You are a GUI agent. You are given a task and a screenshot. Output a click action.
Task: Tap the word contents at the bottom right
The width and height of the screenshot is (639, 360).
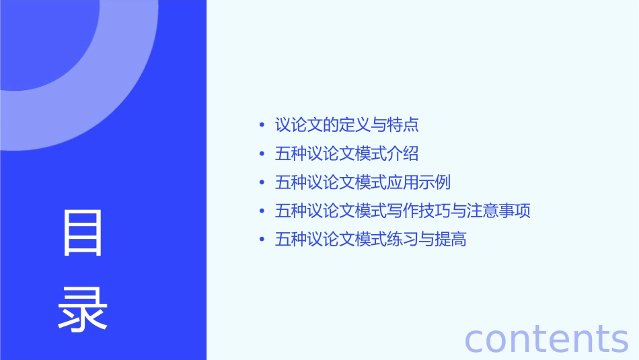tap(547, 338)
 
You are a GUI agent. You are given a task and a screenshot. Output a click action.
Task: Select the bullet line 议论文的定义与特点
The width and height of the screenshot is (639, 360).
tap(347, 125)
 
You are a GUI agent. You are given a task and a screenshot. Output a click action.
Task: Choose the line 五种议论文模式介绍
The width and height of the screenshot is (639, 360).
tap(347, 154)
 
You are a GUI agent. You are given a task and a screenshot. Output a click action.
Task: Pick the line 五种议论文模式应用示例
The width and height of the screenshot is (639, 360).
tap(363, 182)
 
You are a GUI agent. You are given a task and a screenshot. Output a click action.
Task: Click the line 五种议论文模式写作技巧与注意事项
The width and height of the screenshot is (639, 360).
tap(403, 211)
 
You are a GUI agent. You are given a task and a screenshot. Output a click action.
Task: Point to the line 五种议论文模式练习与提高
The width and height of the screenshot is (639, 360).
tap(371, 240)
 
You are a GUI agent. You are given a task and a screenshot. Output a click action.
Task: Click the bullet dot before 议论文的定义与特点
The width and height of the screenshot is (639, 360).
tap(262, 126)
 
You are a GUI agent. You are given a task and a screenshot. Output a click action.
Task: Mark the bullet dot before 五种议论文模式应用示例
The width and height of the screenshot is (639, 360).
tap(262, 183)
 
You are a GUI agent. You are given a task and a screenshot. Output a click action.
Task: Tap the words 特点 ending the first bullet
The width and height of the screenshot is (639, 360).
tap(403, 125)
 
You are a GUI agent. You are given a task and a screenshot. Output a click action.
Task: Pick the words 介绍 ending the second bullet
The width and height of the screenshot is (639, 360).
tap(403, 154)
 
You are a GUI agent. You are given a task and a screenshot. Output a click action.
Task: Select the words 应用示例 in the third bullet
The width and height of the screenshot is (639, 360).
tap(418, 182)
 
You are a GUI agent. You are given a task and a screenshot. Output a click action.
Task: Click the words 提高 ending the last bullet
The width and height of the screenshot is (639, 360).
tap(451, 240)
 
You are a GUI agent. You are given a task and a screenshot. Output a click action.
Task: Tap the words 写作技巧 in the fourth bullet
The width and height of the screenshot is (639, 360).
tap(418, 211)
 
